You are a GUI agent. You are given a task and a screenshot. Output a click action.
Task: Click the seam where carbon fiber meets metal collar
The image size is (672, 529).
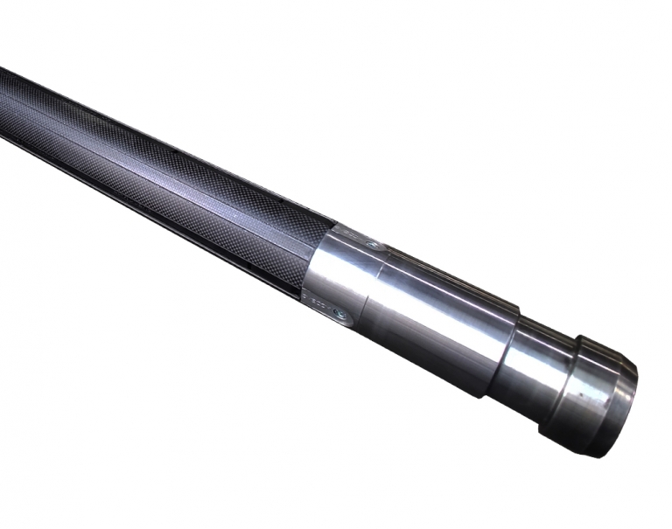(319, 254)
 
